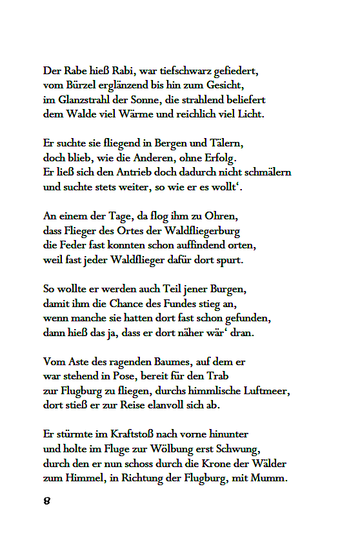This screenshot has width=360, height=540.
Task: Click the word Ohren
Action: coord(223,217)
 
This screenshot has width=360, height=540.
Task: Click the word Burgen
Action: coord(228,289)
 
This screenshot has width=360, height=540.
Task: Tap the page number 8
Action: coord(47,501)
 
